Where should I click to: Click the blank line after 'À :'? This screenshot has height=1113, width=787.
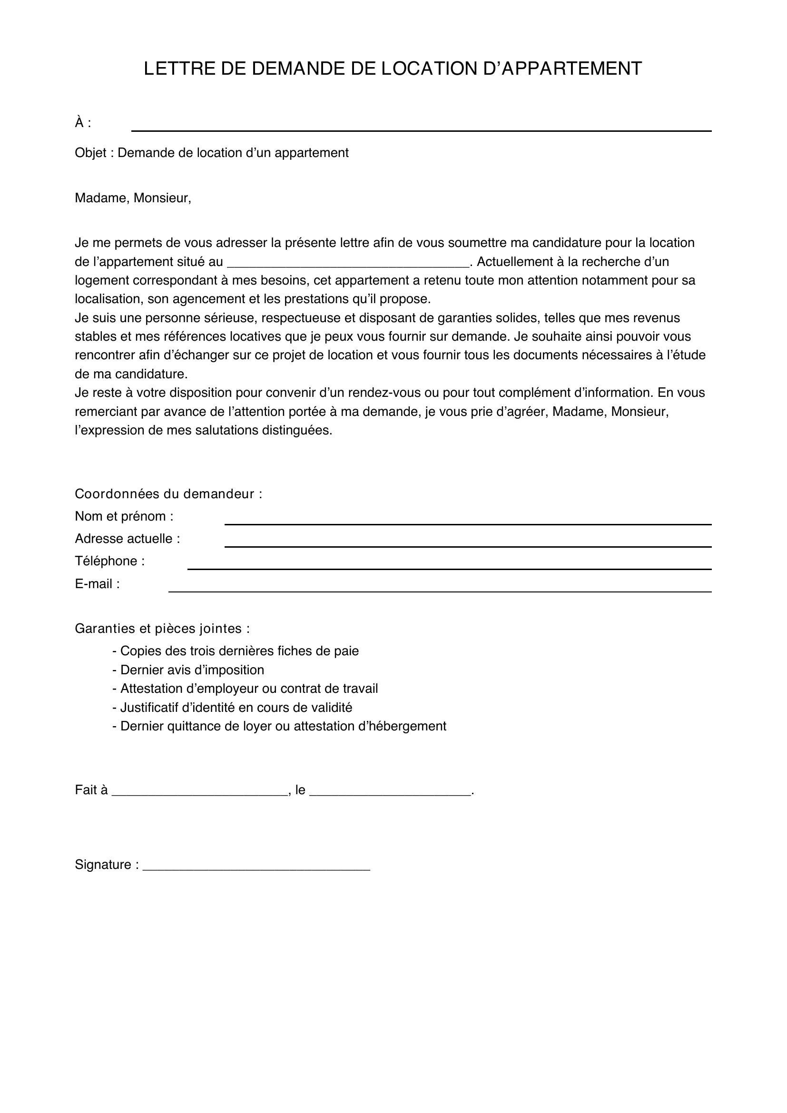click(x=421, y=127)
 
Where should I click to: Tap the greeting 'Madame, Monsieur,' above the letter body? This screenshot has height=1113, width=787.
click(x=133, y=198)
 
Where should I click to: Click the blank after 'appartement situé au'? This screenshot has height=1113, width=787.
click(x=348, y=262)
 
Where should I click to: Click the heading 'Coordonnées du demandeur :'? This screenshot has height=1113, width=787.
click(x=168, y=494)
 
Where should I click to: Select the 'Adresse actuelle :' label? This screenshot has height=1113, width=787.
click(x=127, y=539)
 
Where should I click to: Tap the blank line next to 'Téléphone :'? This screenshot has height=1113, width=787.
click(x=449, y=565)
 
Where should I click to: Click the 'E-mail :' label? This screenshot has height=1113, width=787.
click(x=97, y=584)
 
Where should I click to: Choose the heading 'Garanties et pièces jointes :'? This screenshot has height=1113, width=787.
click(x=162, y=629)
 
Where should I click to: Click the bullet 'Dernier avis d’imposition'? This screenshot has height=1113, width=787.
click(x=192, y=670)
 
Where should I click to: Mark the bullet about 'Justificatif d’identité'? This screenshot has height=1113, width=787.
click(x=236, y=708)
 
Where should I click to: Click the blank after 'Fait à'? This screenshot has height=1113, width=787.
click(x=200, y=790)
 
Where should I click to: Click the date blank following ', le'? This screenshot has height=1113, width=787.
click(x=390, y=790)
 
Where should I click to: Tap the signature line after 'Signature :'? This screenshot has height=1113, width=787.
click(x=256, y=865)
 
